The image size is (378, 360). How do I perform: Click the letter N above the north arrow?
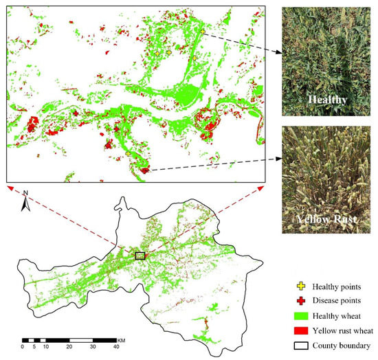pos(25,192)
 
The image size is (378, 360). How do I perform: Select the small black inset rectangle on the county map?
pos(140,256)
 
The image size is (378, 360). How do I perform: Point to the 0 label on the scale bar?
pos(23,347)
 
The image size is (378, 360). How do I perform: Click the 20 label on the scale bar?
pos(69,347)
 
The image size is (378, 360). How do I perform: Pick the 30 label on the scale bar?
pos(93,347)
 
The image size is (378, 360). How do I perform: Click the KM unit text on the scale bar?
pos(121,339)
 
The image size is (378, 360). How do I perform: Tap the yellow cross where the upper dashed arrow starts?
pos(203,30)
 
